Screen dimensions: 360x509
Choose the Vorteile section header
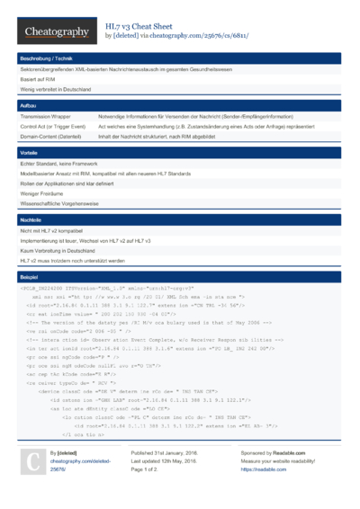[29, 153]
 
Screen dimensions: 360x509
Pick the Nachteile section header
[31, 219]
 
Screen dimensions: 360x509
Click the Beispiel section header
[30, 277]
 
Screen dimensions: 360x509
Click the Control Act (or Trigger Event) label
[53, 127]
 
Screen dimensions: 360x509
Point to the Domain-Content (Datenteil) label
[51, 137]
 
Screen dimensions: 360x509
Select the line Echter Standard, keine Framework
[59, 165]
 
